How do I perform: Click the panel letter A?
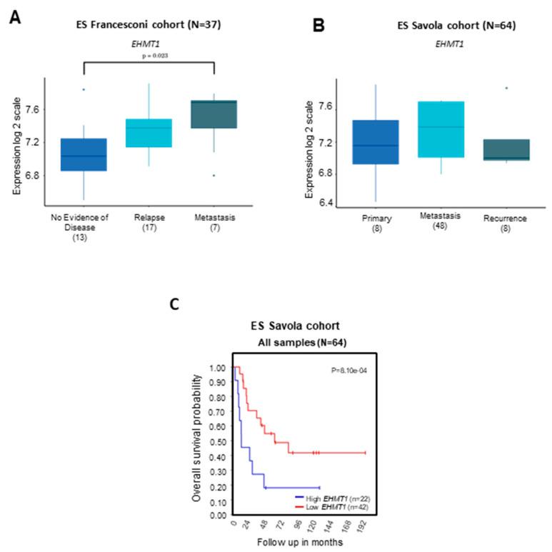point(15,17)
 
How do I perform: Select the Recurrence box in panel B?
point(504,150)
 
